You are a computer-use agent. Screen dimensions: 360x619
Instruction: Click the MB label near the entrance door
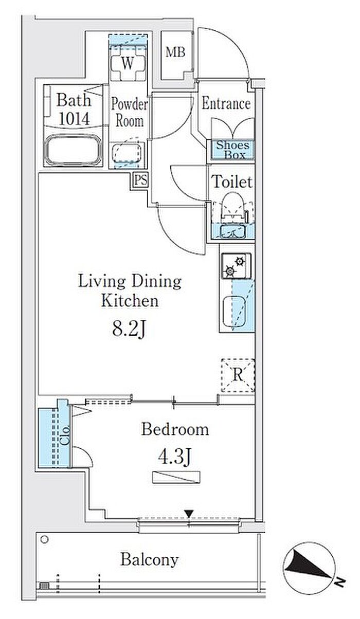(x=175, y=52)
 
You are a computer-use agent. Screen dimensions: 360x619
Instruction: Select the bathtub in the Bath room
(x=73, y=150)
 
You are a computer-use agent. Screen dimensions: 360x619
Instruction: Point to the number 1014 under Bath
(x=74, y=119)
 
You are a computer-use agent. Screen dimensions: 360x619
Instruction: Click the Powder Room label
(x=129, y=113)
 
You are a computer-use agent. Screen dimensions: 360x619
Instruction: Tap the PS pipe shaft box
(x=141, y=180)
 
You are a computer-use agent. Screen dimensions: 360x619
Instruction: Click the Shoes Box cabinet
(x=232, y=150)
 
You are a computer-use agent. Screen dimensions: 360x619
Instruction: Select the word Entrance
(x=226, y=104)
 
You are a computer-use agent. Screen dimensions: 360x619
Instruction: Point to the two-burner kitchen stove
(x=236, y=266)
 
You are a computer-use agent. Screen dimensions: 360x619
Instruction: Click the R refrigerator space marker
(x=238, y=375)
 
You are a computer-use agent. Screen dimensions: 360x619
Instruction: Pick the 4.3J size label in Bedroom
(x=175, y=457)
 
